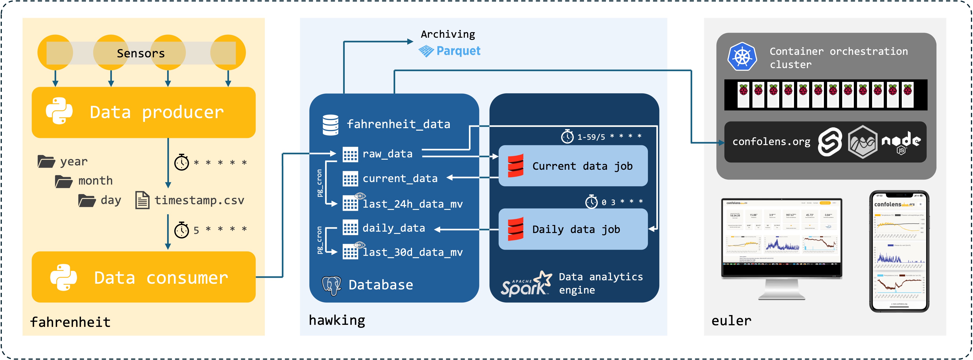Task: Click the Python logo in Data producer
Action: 59,111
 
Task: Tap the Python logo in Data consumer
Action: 63,277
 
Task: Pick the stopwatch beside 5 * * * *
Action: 181,229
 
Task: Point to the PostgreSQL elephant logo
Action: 331,285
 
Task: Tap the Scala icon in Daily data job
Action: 515,229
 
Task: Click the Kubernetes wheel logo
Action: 742,57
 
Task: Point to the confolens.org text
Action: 771,142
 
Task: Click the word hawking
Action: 337,320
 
